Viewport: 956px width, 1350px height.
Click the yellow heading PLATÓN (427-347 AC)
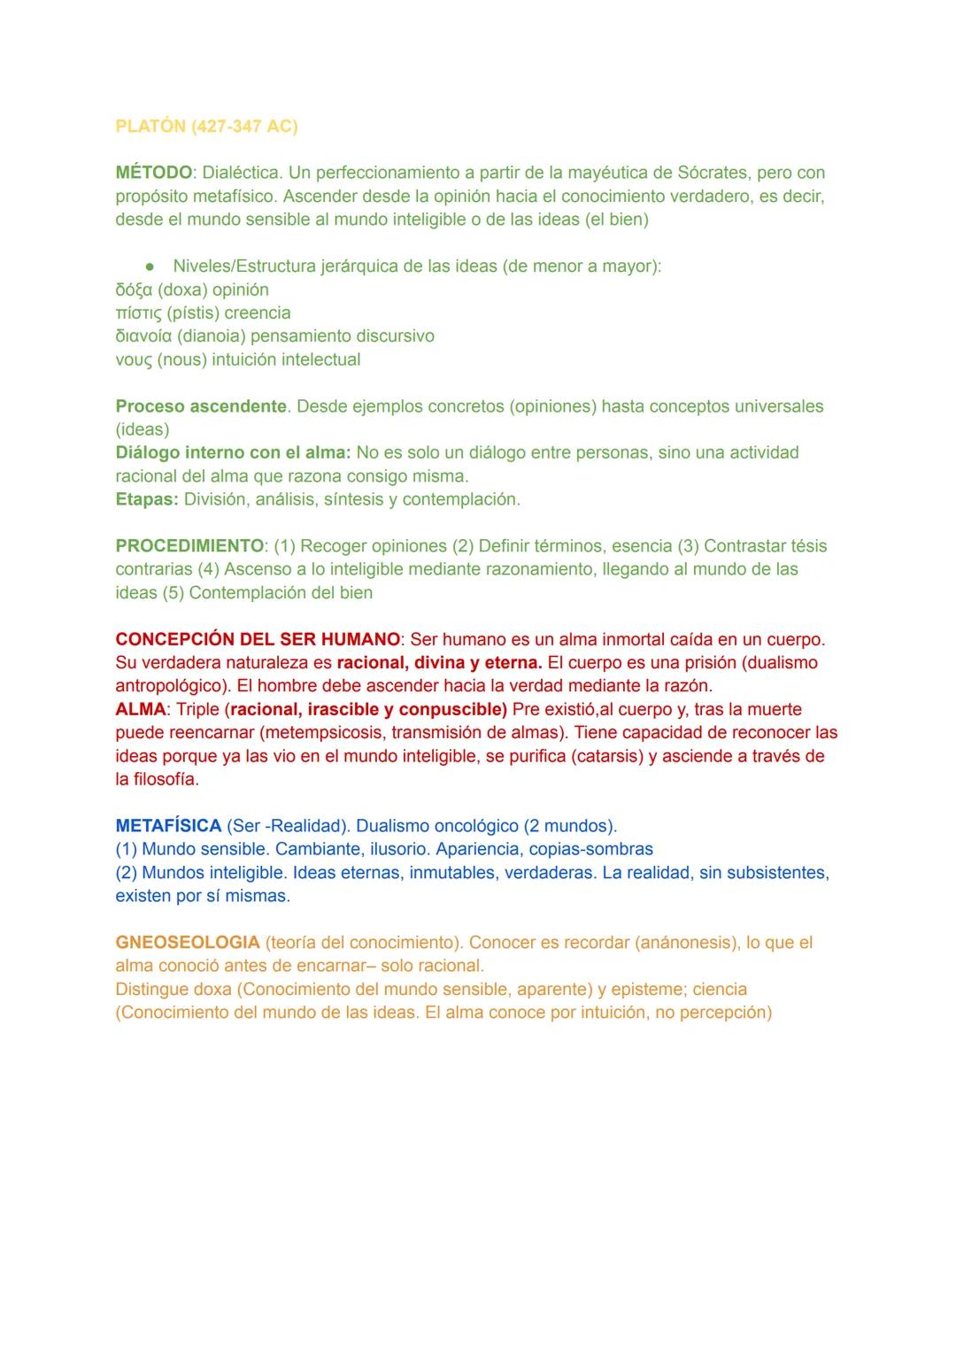[x=206, y=127]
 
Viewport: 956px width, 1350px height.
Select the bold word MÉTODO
[x=154, y=173]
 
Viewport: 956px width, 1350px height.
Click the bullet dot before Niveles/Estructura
[x=152, y=266]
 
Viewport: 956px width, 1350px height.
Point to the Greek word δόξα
[x=134, y=290]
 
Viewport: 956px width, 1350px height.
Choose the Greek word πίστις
[x=139, y=313]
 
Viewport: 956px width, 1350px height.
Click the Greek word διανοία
[x=144, y=336]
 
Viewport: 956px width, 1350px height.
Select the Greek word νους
[x=134, y=360]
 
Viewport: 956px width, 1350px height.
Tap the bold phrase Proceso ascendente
[x=201, y=406]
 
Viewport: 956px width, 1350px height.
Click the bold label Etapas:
[x=147, y=499]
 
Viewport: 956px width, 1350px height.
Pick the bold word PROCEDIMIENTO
[x=189, y=546]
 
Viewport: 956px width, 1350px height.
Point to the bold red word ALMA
[x=141, y=709]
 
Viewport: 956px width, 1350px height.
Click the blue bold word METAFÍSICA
[x=168, y=826]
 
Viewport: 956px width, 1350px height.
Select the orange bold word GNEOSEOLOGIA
[x=188, y=943]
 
